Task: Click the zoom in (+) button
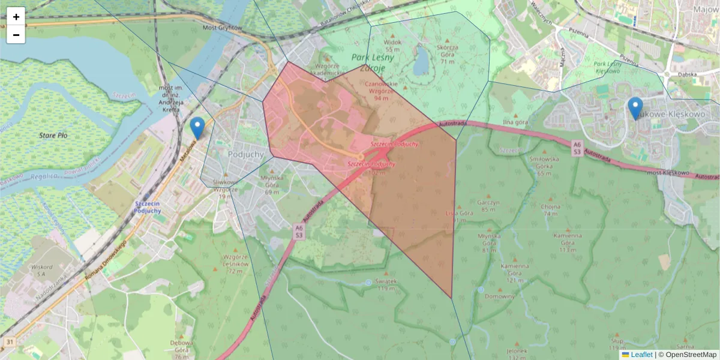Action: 16,16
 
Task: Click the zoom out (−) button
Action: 16,35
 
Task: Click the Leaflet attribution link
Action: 641,355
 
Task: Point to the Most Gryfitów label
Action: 222,28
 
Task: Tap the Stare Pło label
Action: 53,136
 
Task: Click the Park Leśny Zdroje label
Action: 373,62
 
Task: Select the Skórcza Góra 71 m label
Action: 448,54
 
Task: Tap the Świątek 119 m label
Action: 385,285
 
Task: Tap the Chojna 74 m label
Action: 550,209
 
